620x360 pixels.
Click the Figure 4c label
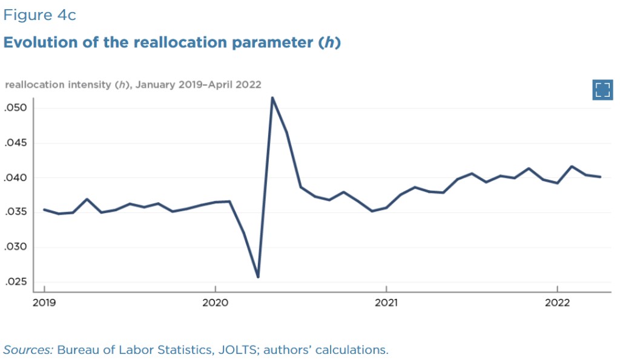(39, 15)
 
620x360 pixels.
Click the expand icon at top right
(602, 90)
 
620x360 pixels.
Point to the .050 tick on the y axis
(18, 108)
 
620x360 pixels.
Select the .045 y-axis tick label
(18, 143)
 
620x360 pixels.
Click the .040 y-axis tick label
(18, 178)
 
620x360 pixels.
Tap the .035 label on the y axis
(18, 212)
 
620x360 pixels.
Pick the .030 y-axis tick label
(18, 247)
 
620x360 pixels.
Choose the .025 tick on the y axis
(18, 282)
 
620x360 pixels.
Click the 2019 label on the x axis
(44, 303)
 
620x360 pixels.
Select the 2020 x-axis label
(215, 303)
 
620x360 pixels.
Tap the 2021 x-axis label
(386, 303)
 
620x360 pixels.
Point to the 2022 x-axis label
(557, 303)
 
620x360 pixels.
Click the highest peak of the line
(272, 97)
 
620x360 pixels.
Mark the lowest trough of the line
(258, 277)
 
